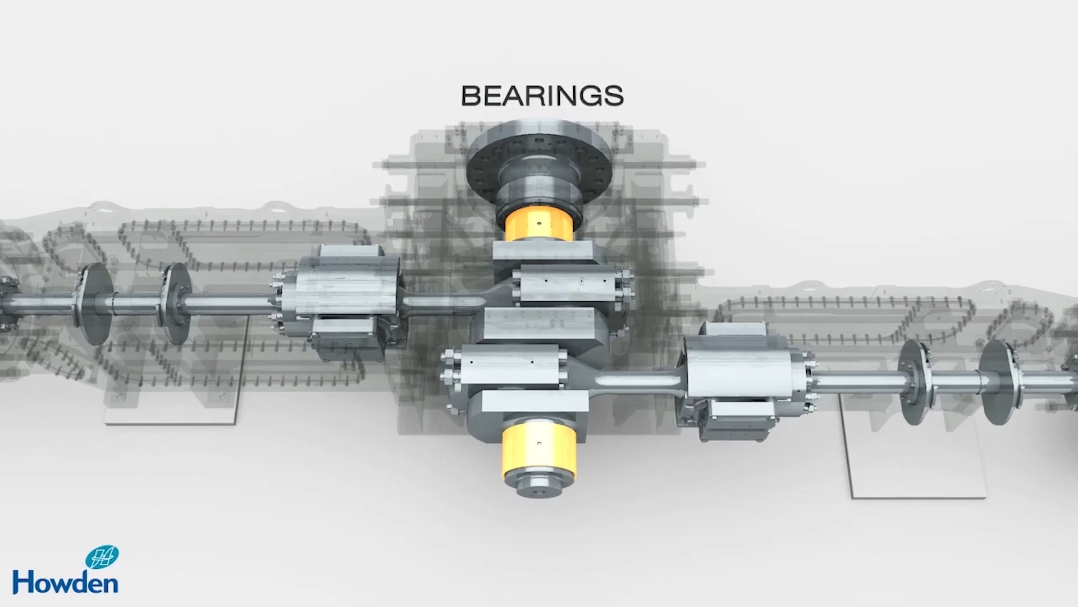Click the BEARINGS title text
(x=542, y=96)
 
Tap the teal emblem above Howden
(x=102, y=557)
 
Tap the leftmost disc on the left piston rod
(x=93, y=303)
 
